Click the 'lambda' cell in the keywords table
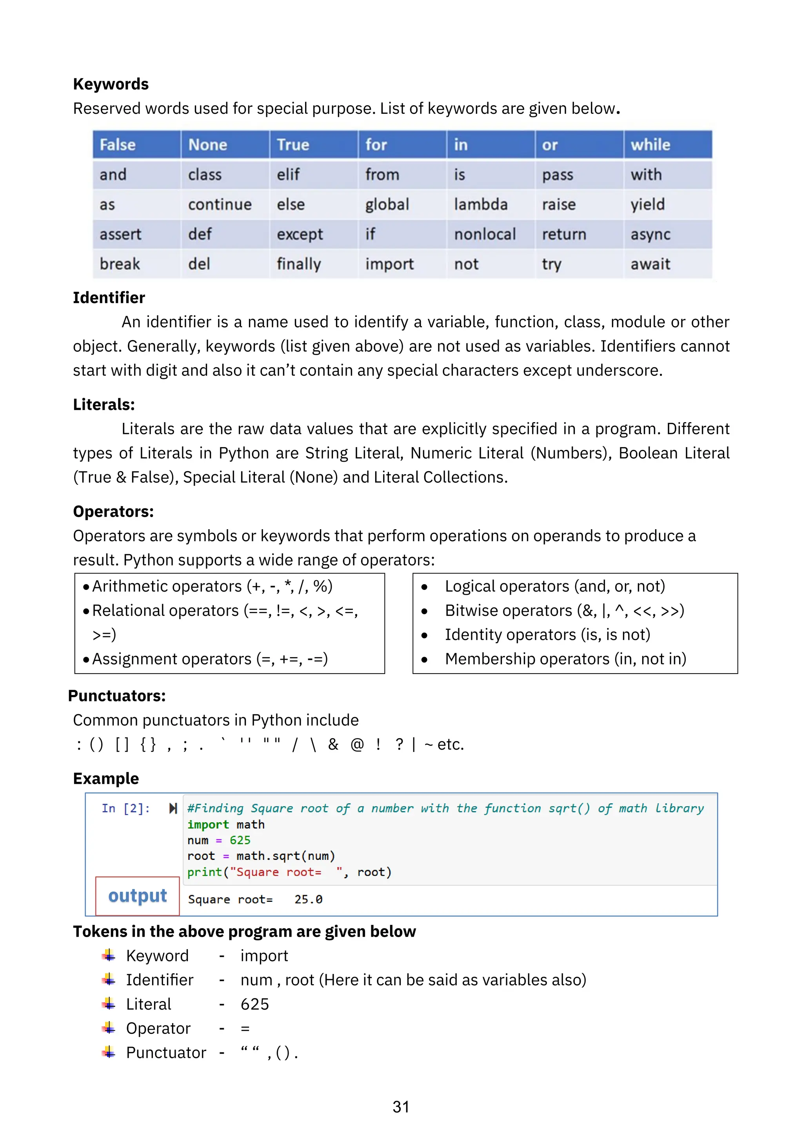click(x=481, y=204)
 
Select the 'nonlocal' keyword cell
click(x=485, y=234)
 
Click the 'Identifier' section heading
click(x=109, y=298)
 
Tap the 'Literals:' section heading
click(x=104, y=405)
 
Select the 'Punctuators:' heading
click(x=117, y=695)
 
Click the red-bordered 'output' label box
click(x=138, y=896)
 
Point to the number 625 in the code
click(x=240, y=840)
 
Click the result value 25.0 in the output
click(x=308, y=899)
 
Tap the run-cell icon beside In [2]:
click(x=173, y=808)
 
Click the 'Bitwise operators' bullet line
click(x=564, y=610)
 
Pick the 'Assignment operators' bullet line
click(x=210, y=659)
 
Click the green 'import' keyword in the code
click(x=208, y=824)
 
